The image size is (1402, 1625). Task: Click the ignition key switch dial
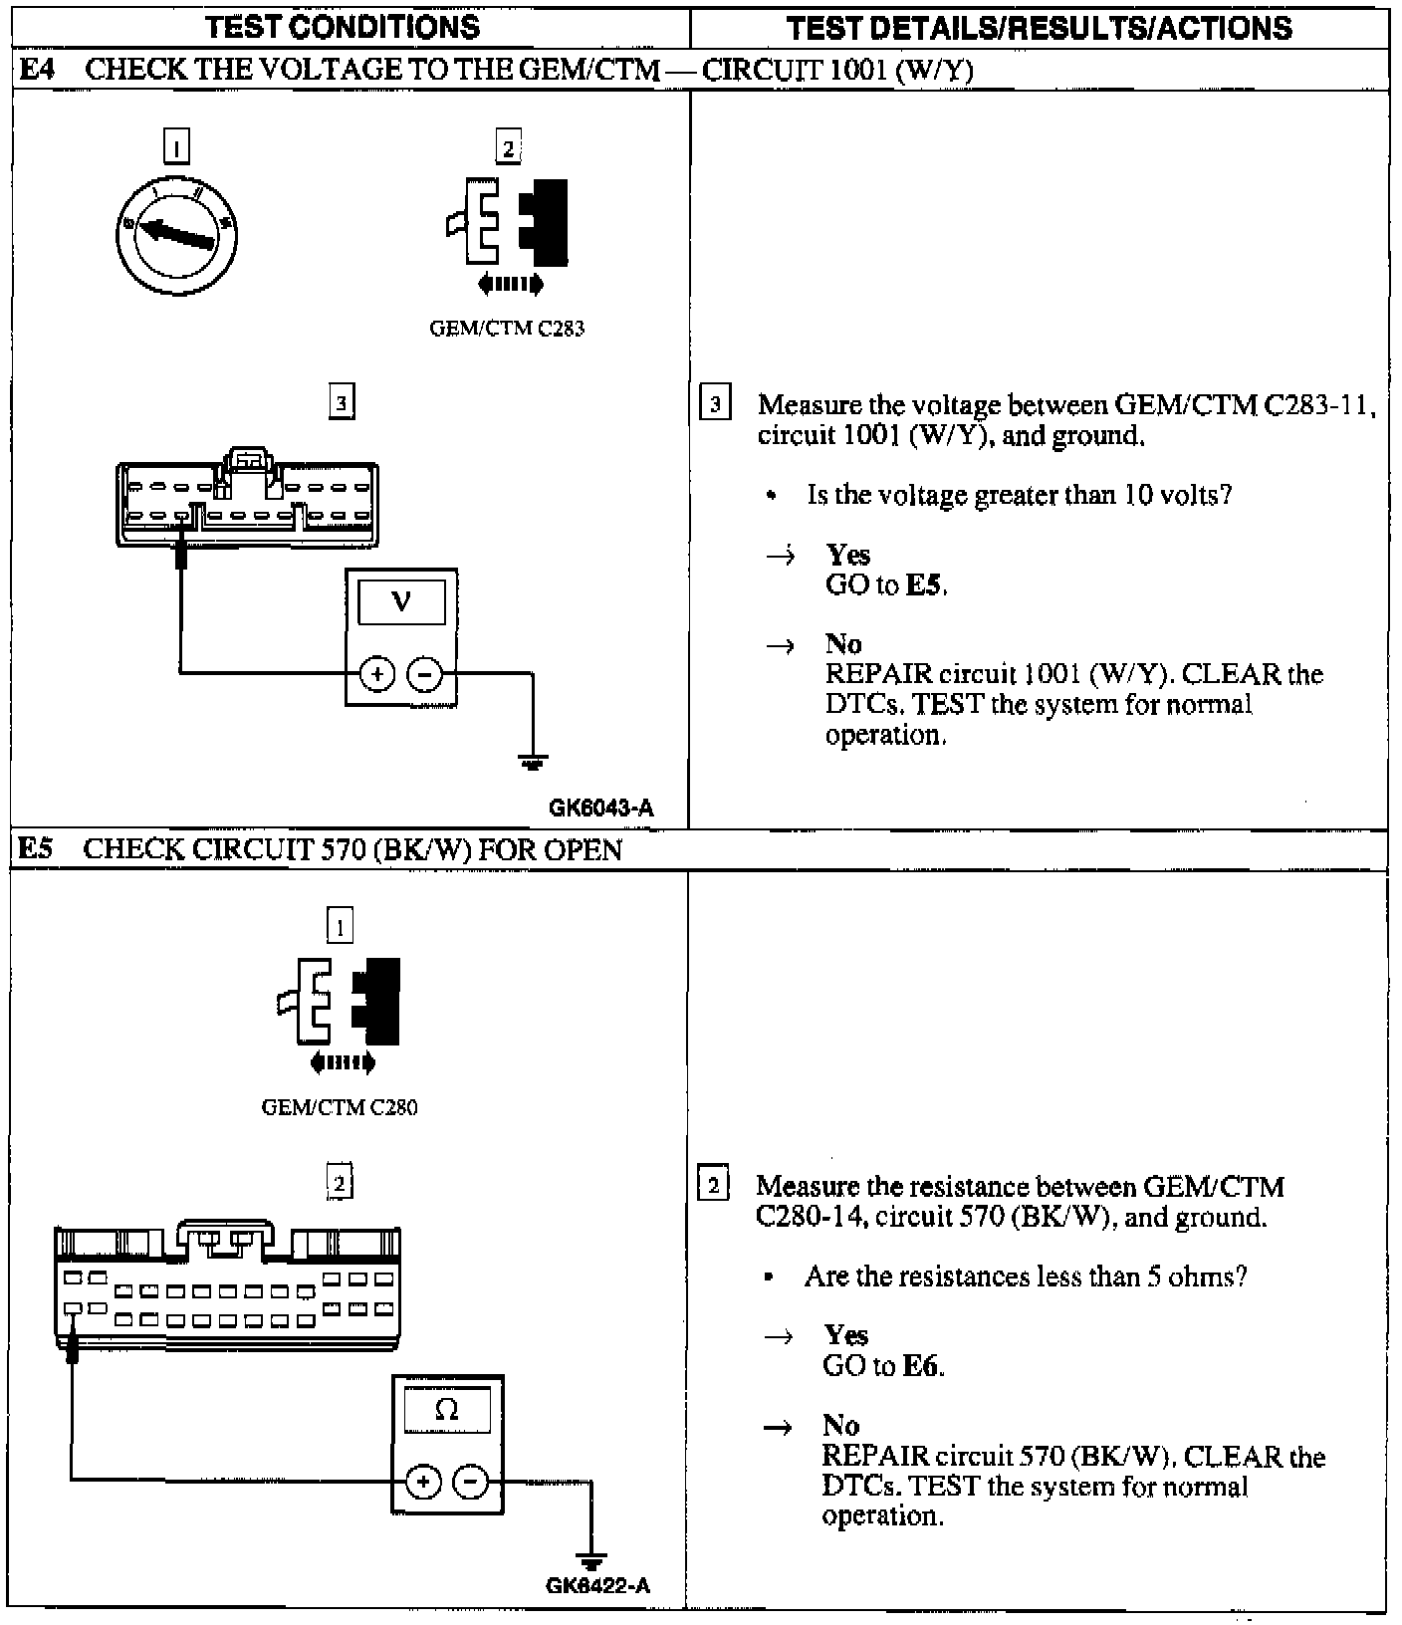click(176, 236)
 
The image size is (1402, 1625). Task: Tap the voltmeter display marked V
click(401, 601)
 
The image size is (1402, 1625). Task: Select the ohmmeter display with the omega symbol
click(447, 1410)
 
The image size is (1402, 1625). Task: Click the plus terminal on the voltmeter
click(377, 674)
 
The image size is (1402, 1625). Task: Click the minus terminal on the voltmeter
click(425, 674)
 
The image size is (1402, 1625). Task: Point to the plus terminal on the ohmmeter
click(423, 1482)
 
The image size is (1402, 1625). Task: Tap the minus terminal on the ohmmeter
click(471, 1482)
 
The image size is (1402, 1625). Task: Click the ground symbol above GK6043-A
click(533, 763)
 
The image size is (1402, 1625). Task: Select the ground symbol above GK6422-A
click(590, 1560)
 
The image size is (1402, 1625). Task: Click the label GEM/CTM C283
click(507, 329)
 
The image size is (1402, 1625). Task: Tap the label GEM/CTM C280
click(340, 1107)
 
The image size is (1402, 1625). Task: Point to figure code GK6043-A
click(601, 809)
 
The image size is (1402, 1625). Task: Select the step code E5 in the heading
click(37, 849)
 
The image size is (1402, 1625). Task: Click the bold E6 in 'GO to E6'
click(921, 1366)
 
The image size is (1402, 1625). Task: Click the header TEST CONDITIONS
click(344, 27)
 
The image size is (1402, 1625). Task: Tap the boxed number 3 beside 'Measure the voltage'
click(715, 405)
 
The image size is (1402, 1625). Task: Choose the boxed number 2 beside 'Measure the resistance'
click(713, 1186)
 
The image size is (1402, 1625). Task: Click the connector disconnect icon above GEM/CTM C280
click(341, 1016)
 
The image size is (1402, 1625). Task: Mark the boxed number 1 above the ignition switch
click(176, 147)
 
